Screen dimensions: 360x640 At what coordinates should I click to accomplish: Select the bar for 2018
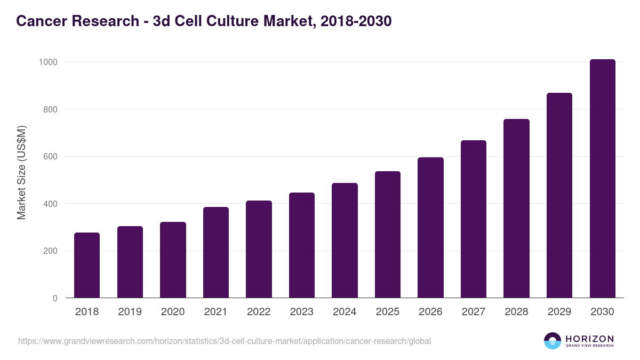pyautogui.click(x=87, y=265)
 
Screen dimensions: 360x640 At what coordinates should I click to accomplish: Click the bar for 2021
pyautogui.click(x=216, y=252)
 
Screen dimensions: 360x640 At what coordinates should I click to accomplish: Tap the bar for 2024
pyautogui.click(x=345, y=241)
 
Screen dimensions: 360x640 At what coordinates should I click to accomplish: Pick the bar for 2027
pyautogui.click(x=474, y=219)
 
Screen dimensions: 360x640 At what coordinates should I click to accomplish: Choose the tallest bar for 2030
pyautogui.click(x=603, y=179)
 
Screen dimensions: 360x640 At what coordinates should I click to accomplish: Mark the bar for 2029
pyautogui.click(x=559, y=195)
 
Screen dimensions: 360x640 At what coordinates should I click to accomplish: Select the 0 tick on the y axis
pyautogui.click(x=55, y=298)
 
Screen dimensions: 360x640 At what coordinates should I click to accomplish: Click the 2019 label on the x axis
pyautogui.click(x=130, y=312)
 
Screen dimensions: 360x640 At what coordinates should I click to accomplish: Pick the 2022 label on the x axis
pyautogui.click(x=259, y=312)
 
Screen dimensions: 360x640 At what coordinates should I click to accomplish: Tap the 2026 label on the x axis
pyautogui.click(x=430, y=312)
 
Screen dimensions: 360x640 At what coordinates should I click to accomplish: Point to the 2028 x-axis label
pyautogui.click(x=516, y=312)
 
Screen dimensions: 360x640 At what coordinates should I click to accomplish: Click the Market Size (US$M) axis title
pyautogui.click(x=22, y=173)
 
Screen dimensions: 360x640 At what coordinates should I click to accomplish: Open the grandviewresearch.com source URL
pyautogui.click(x=224, y=341)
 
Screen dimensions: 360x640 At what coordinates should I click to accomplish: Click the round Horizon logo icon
pyautogui.click(x=553, y=341)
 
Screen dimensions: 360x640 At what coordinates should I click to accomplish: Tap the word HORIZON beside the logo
pyautogui.click(x=589, y=339)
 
